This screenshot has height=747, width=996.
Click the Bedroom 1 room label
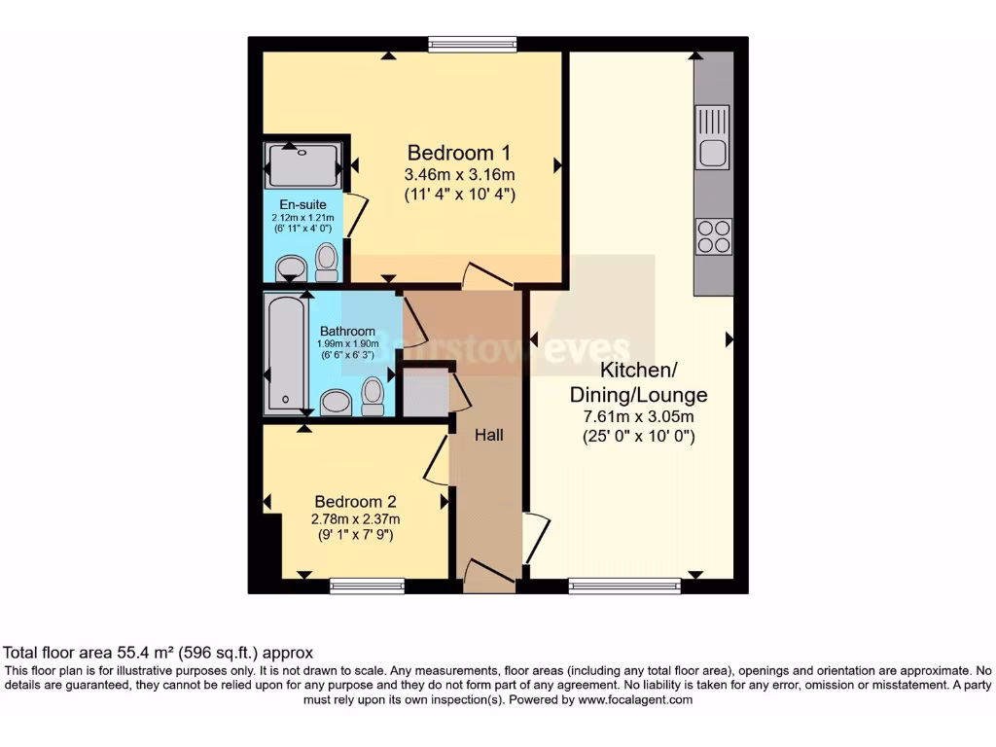pos(459,153)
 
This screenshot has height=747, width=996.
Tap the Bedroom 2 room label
pos(353,502)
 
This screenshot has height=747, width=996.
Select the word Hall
pos(488,436)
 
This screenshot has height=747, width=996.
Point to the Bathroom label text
pos(347,332)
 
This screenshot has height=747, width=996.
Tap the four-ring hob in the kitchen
pos(712,235)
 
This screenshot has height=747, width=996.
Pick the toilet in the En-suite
pos(327,261)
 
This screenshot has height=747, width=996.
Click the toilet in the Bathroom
pos(372,395)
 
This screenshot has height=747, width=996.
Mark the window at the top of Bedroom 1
pos(473,44)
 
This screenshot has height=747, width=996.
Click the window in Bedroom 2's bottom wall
pos(367,586)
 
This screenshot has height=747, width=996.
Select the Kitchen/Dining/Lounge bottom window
pos(624,586)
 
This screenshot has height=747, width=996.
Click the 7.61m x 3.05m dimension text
pos(639,416)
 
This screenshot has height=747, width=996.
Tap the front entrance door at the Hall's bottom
pos(489,576)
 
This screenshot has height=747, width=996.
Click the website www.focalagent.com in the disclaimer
pos(635,699)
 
